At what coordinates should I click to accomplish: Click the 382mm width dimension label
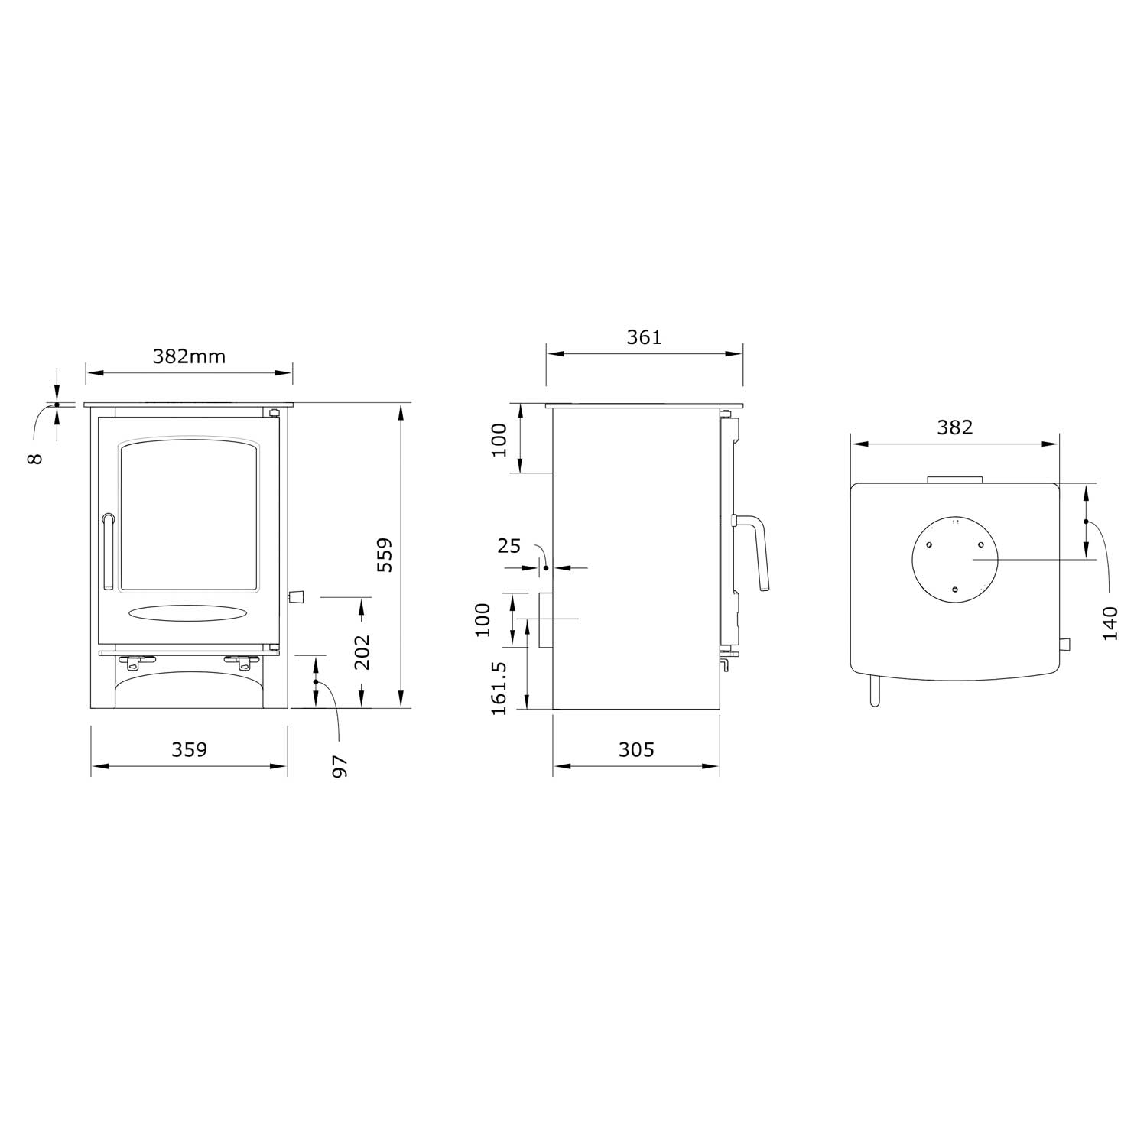[x=189, y=356]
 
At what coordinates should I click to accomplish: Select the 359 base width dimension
[x=189, y=749]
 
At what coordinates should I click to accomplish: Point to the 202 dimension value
[x=362, y=652]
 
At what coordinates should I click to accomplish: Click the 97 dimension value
[x=340, y=766]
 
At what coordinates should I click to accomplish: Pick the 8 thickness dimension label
[x=36, y=458]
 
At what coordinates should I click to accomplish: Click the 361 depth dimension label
[x=644, y=336]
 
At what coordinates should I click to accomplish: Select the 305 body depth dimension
[x=636, y=749]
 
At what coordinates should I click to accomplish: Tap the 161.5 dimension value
[x=499, y=688]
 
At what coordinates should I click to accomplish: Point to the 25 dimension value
[x=509, y=546]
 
